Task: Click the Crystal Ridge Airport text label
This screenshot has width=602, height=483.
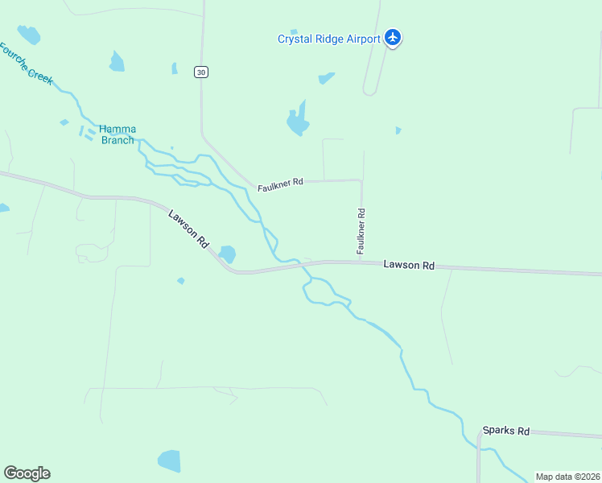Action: (x=328, y=39)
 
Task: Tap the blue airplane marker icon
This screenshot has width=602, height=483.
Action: (x=393, y=37)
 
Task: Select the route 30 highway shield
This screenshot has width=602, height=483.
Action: (x=201, y=72)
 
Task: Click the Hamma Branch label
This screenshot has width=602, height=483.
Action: (x=118, y=134)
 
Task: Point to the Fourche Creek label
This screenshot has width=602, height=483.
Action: (x=26, y=64)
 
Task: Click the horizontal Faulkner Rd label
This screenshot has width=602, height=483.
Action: (x=280, y=184)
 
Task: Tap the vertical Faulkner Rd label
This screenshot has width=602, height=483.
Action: (x=361, y=233)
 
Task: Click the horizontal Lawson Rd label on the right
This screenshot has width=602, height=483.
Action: (x=409, y=265)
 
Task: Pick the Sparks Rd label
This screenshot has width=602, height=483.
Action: (x=506, y=431)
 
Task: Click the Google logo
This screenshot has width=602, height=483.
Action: (x=27, y=473)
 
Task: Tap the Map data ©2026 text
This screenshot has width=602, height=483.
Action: (x=567, y=477)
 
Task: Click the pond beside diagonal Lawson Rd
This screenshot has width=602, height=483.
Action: (x=228, y=254)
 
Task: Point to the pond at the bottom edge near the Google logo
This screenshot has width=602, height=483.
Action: (x=169, y=461)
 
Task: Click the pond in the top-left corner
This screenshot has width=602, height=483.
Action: (x=29, y=35)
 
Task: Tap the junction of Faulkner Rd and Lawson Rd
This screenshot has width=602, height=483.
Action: (x=361, y=262)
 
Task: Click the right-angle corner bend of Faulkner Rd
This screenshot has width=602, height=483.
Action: (x=361, y=181)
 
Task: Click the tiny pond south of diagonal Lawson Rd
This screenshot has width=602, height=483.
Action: (x=181, y=281)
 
